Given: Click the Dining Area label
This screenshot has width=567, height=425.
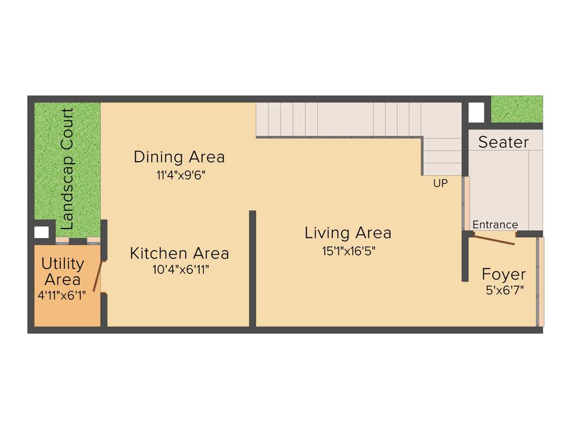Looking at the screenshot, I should (179, 157).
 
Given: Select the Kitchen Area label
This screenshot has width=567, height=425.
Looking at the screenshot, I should (179, 253).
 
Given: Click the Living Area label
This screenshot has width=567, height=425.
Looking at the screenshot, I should (348, 233).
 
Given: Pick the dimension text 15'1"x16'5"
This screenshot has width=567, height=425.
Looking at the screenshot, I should (349, 251).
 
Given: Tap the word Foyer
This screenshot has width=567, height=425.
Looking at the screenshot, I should (503, 274).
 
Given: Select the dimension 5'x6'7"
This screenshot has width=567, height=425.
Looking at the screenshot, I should (504, 289).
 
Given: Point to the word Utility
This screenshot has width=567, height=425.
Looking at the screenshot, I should (63, 263).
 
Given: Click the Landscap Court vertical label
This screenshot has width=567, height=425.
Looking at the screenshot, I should (68, 169).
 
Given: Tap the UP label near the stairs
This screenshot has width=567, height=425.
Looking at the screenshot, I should (440, 183).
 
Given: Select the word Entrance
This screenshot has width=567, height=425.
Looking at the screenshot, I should (495, 225).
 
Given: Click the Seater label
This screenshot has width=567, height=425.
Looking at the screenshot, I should (503, 142).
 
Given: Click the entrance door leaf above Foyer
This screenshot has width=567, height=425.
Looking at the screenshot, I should (494, 240).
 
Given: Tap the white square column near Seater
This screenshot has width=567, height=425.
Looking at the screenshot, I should (476, 112).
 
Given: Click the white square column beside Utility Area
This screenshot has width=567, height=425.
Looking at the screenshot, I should (42, 231).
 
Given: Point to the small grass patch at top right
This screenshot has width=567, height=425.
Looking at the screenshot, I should (517, 109).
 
